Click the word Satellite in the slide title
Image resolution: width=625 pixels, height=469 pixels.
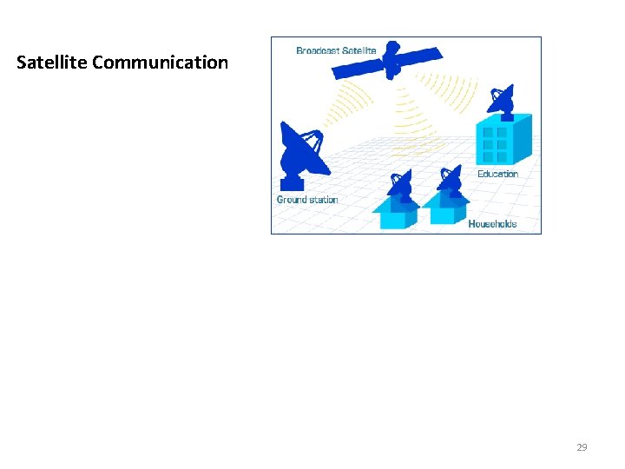52,63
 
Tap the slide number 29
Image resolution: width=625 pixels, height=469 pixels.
582,447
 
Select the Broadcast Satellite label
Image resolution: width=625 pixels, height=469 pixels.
336,50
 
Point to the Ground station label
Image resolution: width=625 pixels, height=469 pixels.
307,200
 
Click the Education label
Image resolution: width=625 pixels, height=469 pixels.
497,174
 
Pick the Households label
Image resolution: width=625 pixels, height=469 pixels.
492,224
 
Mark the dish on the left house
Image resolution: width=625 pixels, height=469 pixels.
399,184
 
